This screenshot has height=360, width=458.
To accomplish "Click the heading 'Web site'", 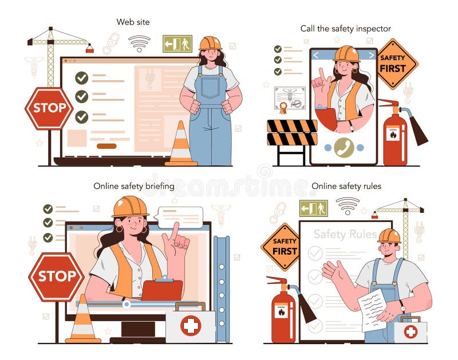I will (x=133, y=22).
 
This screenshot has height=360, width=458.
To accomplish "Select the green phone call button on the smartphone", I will (x=343, y=147).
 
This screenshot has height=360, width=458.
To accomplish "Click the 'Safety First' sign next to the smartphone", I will (x=397, y=64).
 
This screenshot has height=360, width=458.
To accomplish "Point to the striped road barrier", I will (x=292, y=133).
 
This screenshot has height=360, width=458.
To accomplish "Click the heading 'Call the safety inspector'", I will (x=346, y=28).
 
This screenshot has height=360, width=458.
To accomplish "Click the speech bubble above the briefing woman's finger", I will (x=180, y=217).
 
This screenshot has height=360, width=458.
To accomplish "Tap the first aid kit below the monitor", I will (x=190, y=325).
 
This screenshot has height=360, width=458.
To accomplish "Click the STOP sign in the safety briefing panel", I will (x=56, y=276).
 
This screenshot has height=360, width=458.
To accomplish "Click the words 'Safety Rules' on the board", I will (x=345, y=234).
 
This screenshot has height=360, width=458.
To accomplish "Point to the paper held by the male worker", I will (x=373, y=308).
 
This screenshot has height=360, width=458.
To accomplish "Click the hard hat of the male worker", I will (x=389, y=235).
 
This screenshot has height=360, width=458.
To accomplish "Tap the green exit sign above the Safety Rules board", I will (x=314, y=208).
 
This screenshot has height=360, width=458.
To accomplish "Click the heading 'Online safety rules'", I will (x=346, y=186).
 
